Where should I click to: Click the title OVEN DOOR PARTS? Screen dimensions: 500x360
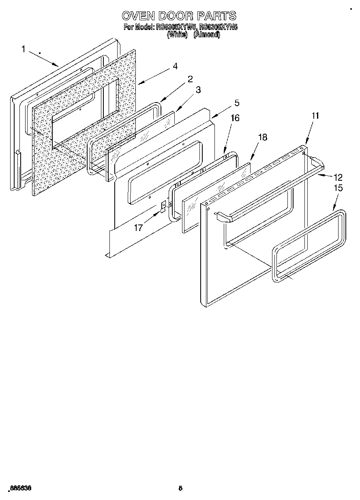click(x=179, y=16)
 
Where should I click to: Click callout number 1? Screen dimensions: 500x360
click(x=23, y=49)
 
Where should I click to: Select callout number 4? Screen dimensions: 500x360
click(x=175, y=66)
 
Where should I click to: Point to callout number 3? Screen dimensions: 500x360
click(x=198, y=90)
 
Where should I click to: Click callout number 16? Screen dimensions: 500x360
click(x=235, y=118)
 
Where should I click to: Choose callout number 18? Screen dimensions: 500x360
click(x=262, y=137)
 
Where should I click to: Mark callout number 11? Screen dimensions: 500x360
click(x=315, y=115)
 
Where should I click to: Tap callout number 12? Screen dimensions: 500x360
click(x=338, y=177)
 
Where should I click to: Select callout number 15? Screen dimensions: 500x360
click(x=338, y=188)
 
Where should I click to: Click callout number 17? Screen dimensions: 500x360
click(x=139, y=228)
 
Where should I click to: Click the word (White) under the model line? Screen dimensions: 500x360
click(x=177, y=35)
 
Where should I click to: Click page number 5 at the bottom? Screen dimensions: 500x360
click(x=180, y=488)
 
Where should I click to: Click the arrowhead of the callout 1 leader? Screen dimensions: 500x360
click(x=58, y=65)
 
